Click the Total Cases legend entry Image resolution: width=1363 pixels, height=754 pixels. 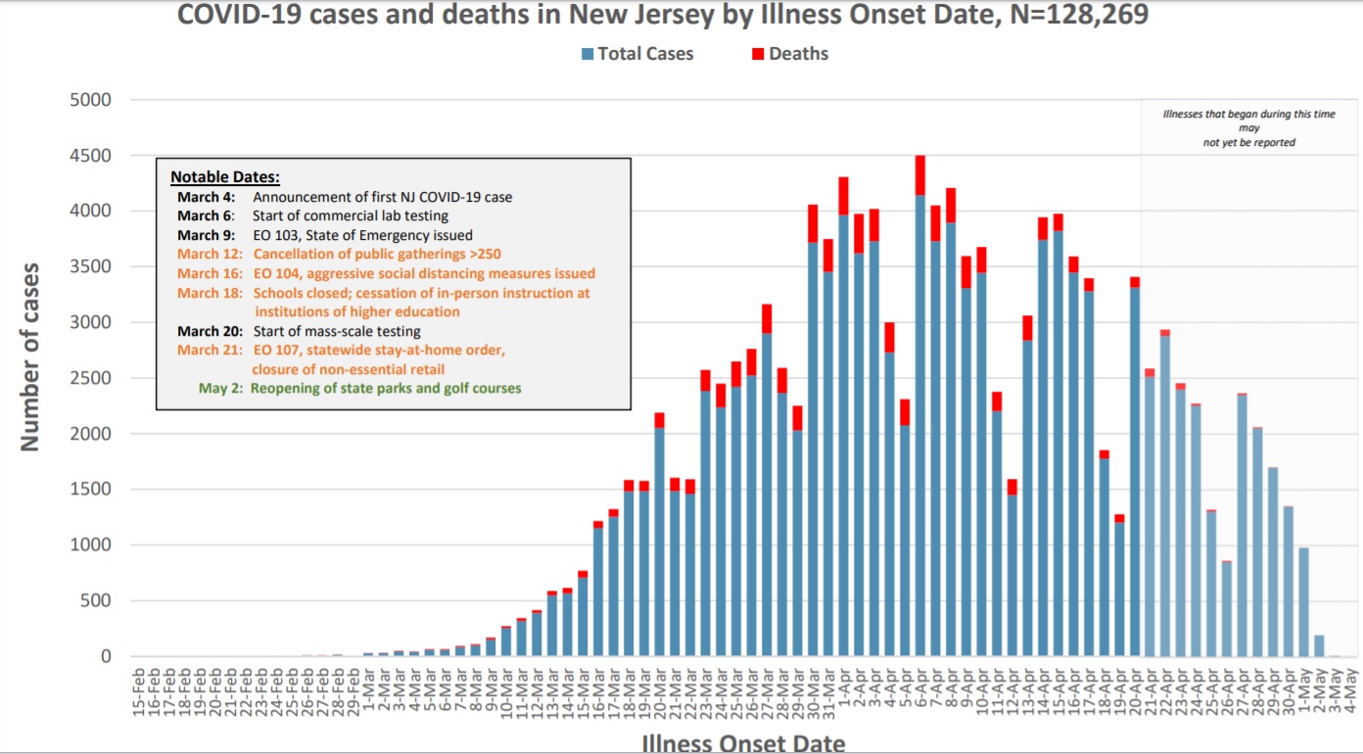pos(645,54)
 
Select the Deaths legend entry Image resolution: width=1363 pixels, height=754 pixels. pos(798,54)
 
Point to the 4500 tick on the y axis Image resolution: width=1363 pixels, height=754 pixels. pos(90,156)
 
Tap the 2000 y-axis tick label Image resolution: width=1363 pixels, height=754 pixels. pos(90,434)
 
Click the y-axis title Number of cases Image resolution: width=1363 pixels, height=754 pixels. pos(30,356)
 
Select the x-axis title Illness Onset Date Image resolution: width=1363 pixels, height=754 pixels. pos(743,743)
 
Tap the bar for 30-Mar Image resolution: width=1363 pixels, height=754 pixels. pos(813,441)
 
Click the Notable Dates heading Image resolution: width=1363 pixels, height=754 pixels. pos(225,177)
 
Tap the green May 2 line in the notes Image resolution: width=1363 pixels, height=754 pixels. pos(360,388)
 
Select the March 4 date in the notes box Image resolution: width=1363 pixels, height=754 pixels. pos(206,197)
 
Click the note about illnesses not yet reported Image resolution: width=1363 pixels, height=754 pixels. pos(1248,128)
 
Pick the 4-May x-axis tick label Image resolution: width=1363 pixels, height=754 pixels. pos(1349,691)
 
